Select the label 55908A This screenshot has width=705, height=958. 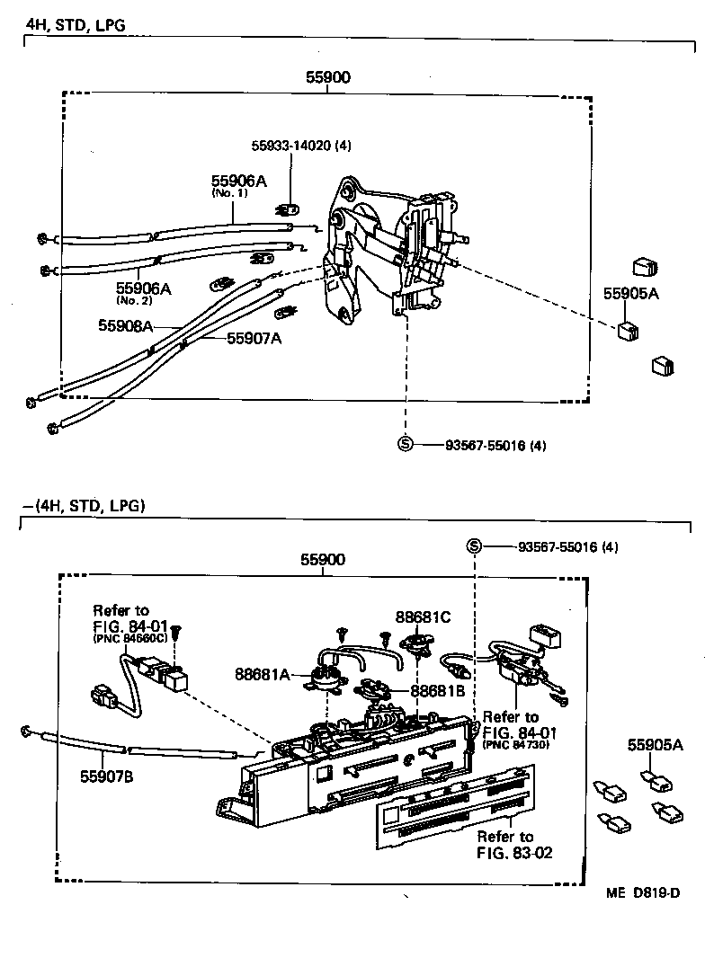(x=125, y=326)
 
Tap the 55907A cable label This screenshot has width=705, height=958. (x=254, y=338)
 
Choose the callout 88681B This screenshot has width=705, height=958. (x=438, y=691)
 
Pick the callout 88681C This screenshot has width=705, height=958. (x=424, y=617)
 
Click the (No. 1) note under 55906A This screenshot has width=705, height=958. (x=228, y=193)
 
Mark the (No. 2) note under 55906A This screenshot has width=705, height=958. (x=135, y=300)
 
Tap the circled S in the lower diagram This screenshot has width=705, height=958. (x=475, y=546)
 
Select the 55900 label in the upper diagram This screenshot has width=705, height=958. (x=327, y=77)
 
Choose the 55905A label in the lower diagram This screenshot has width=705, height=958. (x=655, y=744)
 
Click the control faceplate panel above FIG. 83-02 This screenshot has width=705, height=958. (x=454, y=804)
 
